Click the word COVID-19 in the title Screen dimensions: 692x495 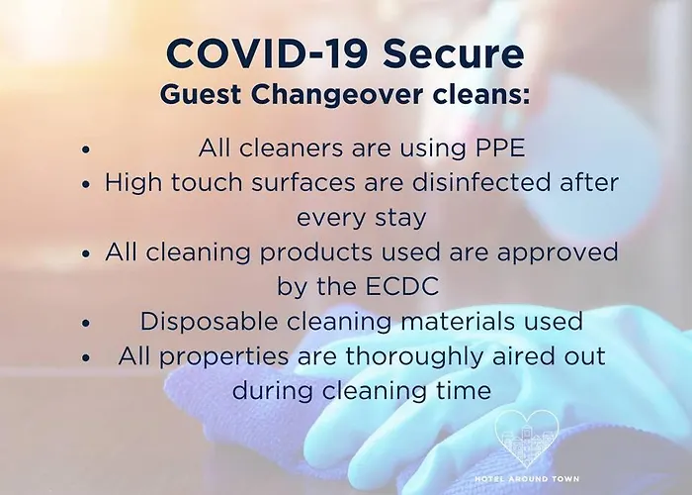[267, 53]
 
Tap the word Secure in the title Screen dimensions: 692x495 [454, 53]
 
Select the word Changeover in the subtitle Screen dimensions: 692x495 [337, 95]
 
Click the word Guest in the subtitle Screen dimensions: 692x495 [201, 94]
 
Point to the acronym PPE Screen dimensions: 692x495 [500, 148]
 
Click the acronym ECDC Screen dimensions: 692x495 [402, 286]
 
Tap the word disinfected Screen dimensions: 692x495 [481, 182]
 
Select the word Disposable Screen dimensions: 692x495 [209, 321]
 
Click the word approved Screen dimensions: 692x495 [558, 252]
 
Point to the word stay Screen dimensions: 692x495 [400, 218]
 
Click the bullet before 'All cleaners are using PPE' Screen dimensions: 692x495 [86, 148]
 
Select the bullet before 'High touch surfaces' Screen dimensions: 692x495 [86, 184]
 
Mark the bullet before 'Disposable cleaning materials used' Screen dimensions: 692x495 [86, 323]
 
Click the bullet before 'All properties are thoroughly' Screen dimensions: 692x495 [86, 357]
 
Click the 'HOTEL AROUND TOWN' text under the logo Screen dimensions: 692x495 [527, 478]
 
